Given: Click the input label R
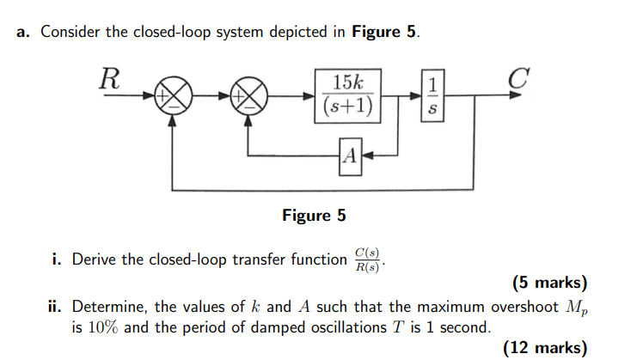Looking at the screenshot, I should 108,78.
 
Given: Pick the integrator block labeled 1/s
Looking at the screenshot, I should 433,96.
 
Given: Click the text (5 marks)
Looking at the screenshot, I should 549,283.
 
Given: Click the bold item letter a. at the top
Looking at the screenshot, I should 23,33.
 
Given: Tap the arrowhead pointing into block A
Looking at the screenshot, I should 364,156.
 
